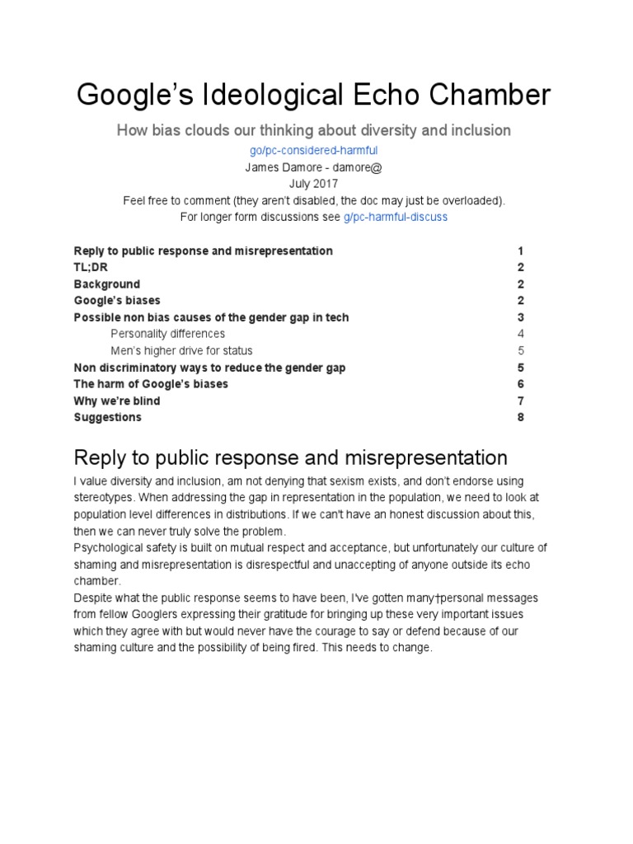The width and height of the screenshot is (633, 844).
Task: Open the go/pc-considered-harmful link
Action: tap(313, 151)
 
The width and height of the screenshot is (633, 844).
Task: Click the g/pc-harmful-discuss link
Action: tap(396, 217)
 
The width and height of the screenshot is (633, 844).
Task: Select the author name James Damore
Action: tap(279, 167)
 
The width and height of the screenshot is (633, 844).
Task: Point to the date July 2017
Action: tap(313, 184)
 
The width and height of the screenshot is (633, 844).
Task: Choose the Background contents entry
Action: tap(107, 284)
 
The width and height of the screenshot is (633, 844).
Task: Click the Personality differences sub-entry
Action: tap(167, 334)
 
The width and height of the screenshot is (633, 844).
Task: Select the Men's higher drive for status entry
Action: tap(181, 350)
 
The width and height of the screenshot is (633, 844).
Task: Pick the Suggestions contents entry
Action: tap(107, 417)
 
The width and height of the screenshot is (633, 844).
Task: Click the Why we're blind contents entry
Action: tap(117, 401)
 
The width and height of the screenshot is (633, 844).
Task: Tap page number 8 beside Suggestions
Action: tap(521, 417)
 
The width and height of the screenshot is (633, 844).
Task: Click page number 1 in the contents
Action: tap(521, 251)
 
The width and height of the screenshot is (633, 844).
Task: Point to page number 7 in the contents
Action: tap(521, 401)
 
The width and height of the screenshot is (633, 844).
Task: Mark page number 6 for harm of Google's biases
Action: tap(521, 384)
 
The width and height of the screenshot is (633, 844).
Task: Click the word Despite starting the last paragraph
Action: tap(95, 598)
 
